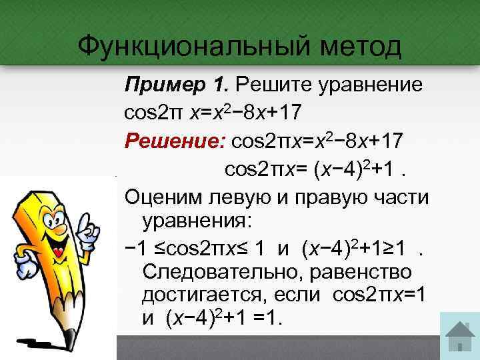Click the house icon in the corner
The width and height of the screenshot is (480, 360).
coord(459,337)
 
